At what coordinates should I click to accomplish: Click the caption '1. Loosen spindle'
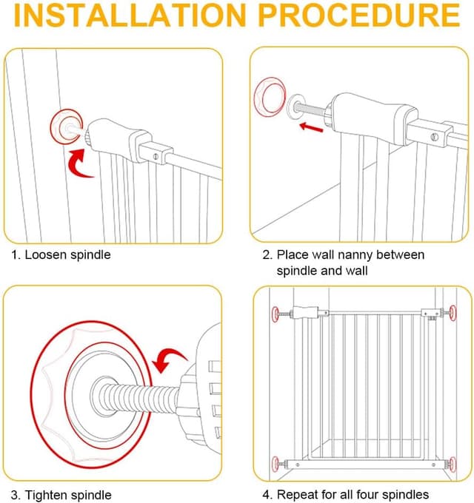(x=61, y=255)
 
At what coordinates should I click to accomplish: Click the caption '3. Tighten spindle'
(x=61, y=494)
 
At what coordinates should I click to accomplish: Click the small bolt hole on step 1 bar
(x=156, y=155)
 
